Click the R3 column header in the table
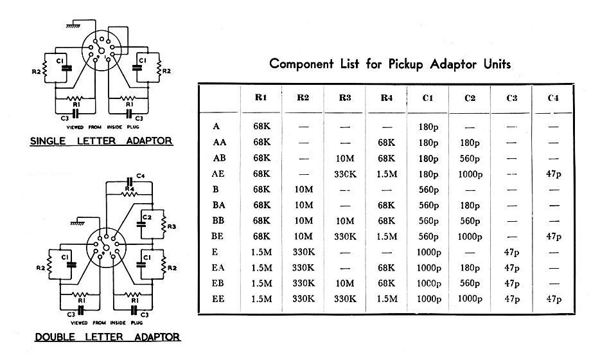pyautogui.click(x=344, y=98)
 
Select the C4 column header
pyautogui.click(x=553, y=98)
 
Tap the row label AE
pyautogui.click(x=218, y=174)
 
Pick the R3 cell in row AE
pyautogui.click(x=345, y=174)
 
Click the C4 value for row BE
pyautogui.click(x=553, y=236)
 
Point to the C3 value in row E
pyautogui.click(x=511, y=252)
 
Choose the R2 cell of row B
pyautogui.click(x=303, y=190)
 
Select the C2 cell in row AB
pyautogui.click(x=470, y=159)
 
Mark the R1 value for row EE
pyautogui.click(x=261, y=299)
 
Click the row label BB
pyautogui.click(x=218, y=221)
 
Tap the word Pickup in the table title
pyautogui.click(x=405, y=64)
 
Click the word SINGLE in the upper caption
pyautogui.click(x=48, y=141)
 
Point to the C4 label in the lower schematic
pyautogui.click(x=140, y=176)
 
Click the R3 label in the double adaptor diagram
pyautogui.click(x=172, y=226)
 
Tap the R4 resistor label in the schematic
pyautogui.click(x=129, y=188)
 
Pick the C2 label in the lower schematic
pyautogui.click(x=146, y=217)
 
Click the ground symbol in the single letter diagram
pyautogui.click(x=73, y=26)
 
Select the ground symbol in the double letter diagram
pyautogui.click(x=78, y=223)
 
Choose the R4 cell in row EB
pyautogui.click(x=386, y=283)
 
